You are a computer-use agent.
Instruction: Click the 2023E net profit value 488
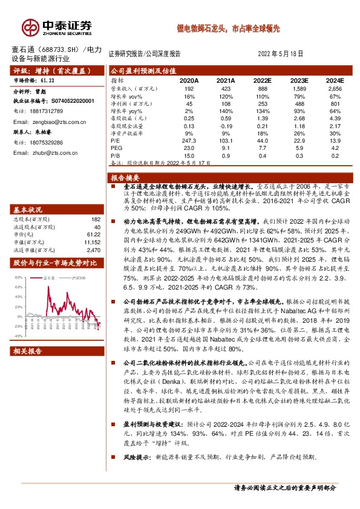(x=300, y=103)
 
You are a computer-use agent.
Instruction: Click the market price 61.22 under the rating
(x=48, y=80)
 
